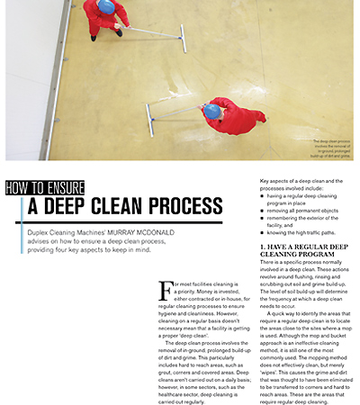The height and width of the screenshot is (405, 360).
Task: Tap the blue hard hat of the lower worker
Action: [x=212, y=111]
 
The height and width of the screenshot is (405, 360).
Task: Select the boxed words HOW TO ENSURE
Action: [x=45, y=187]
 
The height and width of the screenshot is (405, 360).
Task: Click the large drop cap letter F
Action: [x=165, y=290]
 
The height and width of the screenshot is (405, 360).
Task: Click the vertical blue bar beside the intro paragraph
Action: [x=23, y=237]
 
